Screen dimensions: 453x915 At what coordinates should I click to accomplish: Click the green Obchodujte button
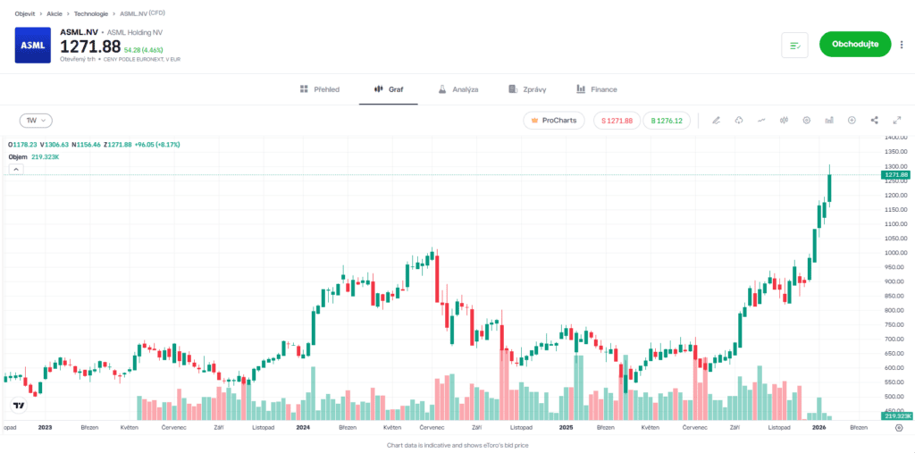[854, 44]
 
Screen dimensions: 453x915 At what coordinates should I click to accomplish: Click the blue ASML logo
[33, 46]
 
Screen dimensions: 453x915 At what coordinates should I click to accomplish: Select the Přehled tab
[319, 89]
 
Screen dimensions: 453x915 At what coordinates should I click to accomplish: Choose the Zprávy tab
[527, 89]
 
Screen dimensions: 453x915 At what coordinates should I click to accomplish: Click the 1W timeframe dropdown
[36, 120]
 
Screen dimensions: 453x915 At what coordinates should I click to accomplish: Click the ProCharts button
[554, 120]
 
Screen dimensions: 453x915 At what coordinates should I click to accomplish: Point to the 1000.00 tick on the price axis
[895, 253]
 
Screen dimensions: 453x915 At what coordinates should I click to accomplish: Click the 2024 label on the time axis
[303, 428]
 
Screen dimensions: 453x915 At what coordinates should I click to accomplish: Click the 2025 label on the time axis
[565, 428]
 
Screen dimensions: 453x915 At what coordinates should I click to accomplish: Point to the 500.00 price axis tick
[895, 396]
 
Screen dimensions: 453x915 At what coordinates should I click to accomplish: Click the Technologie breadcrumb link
[91, 13]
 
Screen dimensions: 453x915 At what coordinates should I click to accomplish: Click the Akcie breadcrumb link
[55, 13]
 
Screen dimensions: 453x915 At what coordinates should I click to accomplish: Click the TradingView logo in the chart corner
[18, 406]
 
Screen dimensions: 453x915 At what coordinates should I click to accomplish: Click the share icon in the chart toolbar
[874, 120]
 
